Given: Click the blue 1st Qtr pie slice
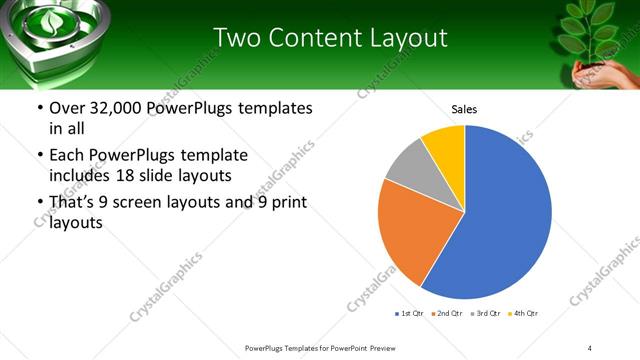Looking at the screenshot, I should pos(500,215).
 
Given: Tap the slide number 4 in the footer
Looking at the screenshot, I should pos(590,347).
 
